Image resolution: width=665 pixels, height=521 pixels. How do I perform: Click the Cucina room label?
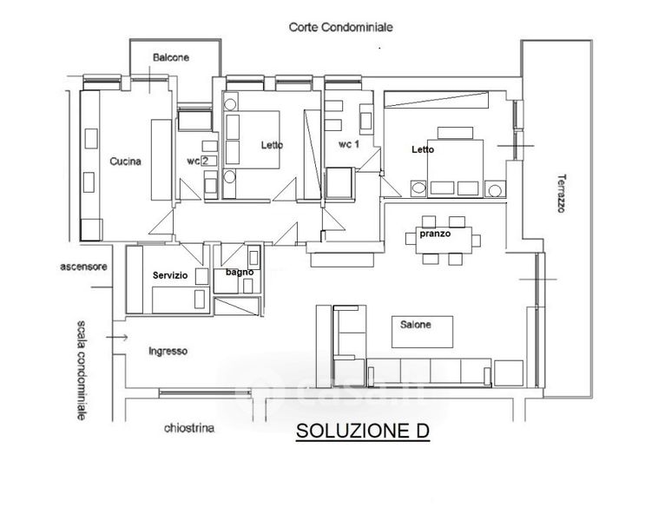point(126,161)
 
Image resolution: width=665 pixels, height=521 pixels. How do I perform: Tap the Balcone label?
point(170,57)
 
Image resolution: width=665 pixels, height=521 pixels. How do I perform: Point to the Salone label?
point(415,324)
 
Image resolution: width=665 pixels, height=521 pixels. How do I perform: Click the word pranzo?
point(433,234)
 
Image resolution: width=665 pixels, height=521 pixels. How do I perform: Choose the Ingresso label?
point(168,351)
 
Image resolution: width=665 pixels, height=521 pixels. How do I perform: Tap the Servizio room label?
point(170,274)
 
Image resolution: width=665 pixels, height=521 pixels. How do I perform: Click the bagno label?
point(239,273)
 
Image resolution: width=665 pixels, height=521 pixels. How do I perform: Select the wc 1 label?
point(349,145)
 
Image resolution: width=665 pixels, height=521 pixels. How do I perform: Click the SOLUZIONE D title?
point(363,430)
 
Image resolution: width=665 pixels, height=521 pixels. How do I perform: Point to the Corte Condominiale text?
point(340,27)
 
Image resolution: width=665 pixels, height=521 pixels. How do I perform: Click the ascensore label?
point(84,267)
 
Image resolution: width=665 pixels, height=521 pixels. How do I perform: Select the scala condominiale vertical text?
point(81,370)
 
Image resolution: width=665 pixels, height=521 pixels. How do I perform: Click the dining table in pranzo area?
point(446,239)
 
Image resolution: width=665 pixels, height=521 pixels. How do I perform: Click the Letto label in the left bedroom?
point(273,145)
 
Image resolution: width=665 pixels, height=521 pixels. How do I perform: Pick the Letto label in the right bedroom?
point(423,149)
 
